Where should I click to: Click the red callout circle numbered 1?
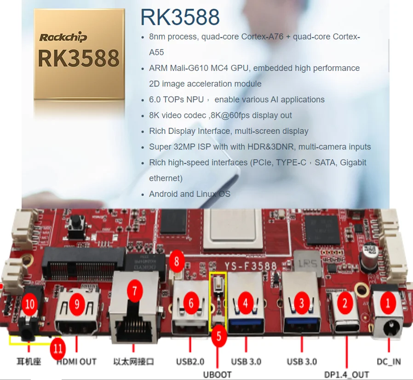[388, 303]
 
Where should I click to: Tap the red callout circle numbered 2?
[345, 303]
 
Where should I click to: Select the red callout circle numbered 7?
[134, 290]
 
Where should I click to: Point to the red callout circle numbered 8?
[176, 262]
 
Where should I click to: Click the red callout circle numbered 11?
[58, 349]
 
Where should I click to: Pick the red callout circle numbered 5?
[218, 336]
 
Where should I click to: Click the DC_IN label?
[389, 362]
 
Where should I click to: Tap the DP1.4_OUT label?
[347, 374]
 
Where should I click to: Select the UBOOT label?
[217, 374]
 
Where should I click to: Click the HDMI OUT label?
[76, 362]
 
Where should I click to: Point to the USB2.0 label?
[190, 362]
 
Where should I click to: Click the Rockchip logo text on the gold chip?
[63, 37]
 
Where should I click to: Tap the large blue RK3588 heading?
[180, 17]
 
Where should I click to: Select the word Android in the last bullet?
[164, 194]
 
